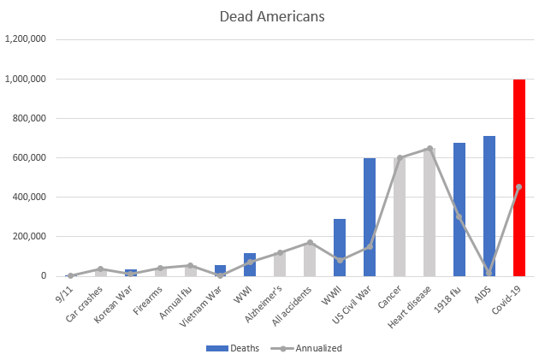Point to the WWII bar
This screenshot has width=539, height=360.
(x=340, y=247)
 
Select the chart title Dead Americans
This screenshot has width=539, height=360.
(x=269, y=16)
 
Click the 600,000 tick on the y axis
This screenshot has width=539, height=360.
(x=33, y=157)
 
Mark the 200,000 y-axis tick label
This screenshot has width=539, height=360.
(x=33, y=237)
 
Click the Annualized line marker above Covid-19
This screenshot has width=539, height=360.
(x=518, y=187)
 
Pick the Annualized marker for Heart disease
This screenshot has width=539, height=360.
(x=429, y=149)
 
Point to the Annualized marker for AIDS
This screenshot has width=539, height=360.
(x=489, y=273)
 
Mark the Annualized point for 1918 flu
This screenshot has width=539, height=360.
(x=459, y=217)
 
